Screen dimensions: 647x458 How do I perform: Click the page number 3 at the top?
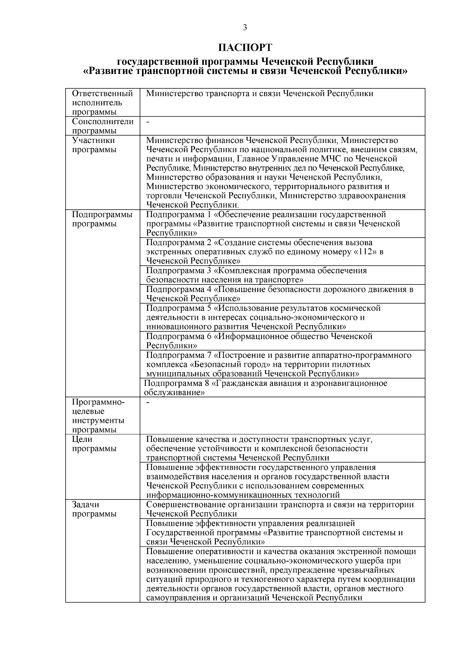click(245, 27)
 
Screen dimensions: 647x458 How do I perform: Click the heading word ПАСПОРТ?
click(245, 48)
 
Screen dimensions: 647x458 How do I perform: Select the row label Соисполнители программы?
click(103, 126)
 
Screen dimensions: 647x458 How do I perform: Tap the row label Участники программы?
click(94, 145)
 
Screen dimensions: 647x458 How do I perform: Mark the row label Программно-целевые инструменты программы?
click(98, 416)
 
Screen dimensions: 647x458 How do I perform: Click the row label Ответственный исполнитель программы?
click(102, 103)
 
